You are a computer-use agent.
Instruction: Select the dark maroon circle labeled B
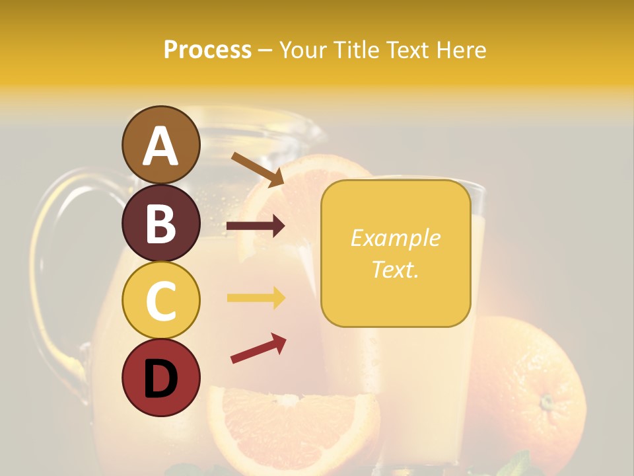point(160,223)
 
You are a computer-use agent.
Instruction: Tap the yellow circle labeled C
point(160,300)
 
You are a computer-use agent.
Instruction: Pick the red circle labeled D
point(160,377)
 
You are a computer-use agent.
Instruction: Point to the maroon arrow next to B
point(256,226)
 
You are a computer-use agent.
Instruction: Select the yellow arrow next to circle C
point(256,298)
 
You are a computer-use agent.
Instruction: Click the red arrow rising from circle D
point(258,348)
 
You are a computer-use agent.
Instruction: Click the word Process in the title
point(207,50)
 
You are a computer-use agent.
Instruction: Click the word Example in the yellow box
point(395,238)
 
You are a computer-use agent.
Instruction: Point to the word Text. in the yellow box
point(395,269)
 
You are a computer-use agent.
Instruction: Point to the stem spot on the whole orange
point(546,401)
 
